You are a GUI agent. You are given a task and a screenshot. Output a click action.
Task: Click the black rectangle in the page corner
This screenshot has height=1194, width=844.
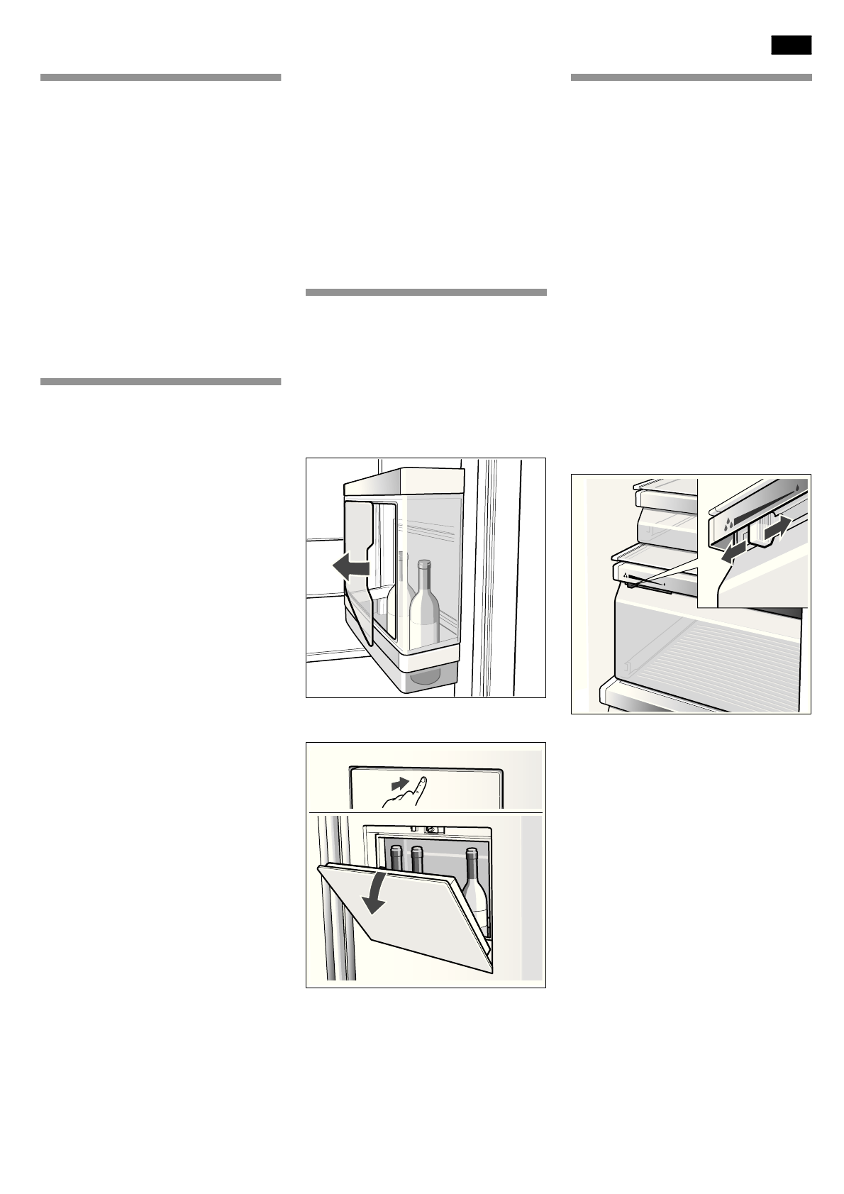tap(791, 45)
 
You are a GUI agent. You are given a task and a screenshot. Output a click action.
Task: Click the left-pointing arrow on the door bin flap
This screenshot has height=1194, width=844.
tap(351, 566)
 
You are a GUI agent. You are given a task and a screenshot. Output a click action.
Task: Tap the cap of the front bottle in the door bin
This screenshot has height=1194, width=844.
tap(423, 565)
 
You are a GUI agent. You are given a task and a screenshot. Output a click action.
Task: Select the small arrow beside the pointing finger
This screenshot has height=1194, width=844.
tap(401, 784)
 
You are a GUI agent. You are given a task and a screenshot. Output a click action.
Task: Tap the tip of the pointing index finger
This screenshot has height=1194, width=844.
tap(422, 780)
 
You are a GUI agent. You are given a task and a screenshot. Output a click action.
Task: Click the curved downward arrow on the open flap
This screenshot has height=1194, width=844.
tap(374, 895)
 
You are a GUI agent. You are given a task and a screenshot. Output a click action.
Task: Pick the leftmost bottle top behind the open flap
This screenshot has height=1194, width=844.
tap(396, 851)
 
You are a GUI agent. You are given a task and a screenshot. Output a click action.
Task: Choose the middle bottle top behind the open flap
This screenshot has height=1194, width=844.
tap(417, 851)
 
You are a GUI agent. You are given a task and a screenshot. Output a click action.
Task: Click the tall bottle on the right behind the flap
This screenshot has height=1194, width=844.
tap(475, 887)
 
